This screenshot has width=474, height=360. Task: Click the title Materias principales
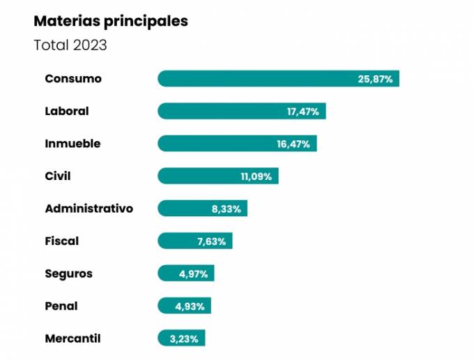point(111,21)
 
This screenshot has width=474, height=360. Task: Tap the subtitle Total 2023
point(70,45)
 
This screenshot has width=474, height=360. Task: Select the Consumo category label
point(73,78)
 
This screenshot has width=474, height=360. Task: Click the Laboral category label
point(67,111)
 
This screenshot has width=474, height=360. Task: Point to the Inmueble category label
point(72,144)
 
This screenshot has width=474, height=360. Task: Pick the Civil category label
point(58,176)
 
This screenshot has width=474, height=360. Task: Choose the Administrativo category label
point(89,209)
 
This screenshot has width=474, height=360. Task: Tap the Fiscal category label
point(62,241)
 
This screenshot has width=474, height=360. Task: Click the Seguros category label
point(68,273)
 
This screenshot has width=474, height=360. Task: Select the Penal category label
point(61,306)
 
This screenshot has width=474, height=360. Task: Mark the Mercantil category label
point(72,338)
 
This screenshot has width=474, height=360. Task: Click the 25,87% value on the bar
point(375,79)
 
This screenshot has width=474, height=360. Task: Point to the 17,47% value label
point(303,112)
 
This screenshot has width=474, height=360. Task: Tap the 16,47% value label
point(293,144)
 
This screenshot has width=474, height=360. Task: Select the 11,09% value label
point(256,177)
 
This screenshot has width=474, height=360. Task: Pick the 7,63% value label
point(211,241)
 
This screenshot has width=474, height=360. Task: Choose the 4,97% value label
point(193,274)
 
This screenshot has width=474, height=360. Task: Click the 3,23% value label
point(184,339)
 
